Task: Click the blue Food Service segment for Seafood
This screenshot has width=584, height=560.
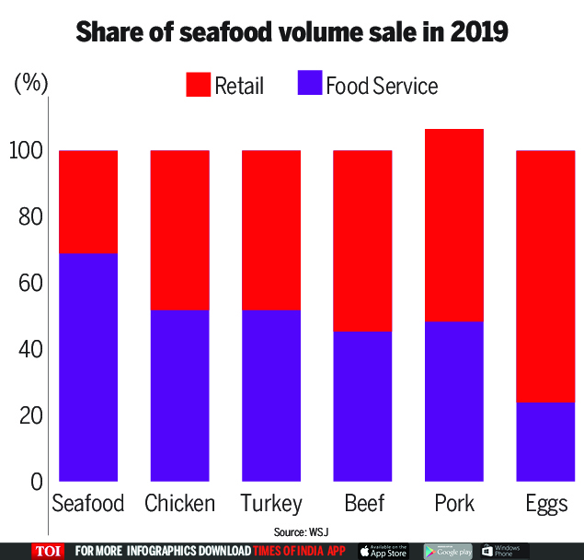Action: pos(87,367)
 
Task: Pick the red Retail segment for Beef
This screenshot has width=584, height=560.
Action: pos(361,239)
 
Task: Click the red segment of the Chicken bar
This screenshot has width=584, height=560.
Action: pos(179,229)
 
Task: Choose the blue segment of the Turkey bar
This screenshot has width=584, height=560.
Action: pos(270,395)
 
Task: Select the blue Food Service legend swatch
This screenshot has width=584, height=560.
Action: pos(310,85)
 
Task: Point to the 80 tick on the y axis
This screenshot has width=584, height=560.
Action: pos(31,218)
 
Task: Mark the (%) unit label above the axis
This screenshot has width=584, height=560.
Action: pos(30,83)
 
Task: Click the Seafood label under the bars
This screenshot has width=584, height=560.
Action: pos(87,504)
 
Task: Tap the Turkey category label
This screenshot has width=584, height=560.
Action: pos(270,504)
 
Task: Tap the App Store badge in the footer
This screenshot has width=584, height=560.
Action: pos(384,551)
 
